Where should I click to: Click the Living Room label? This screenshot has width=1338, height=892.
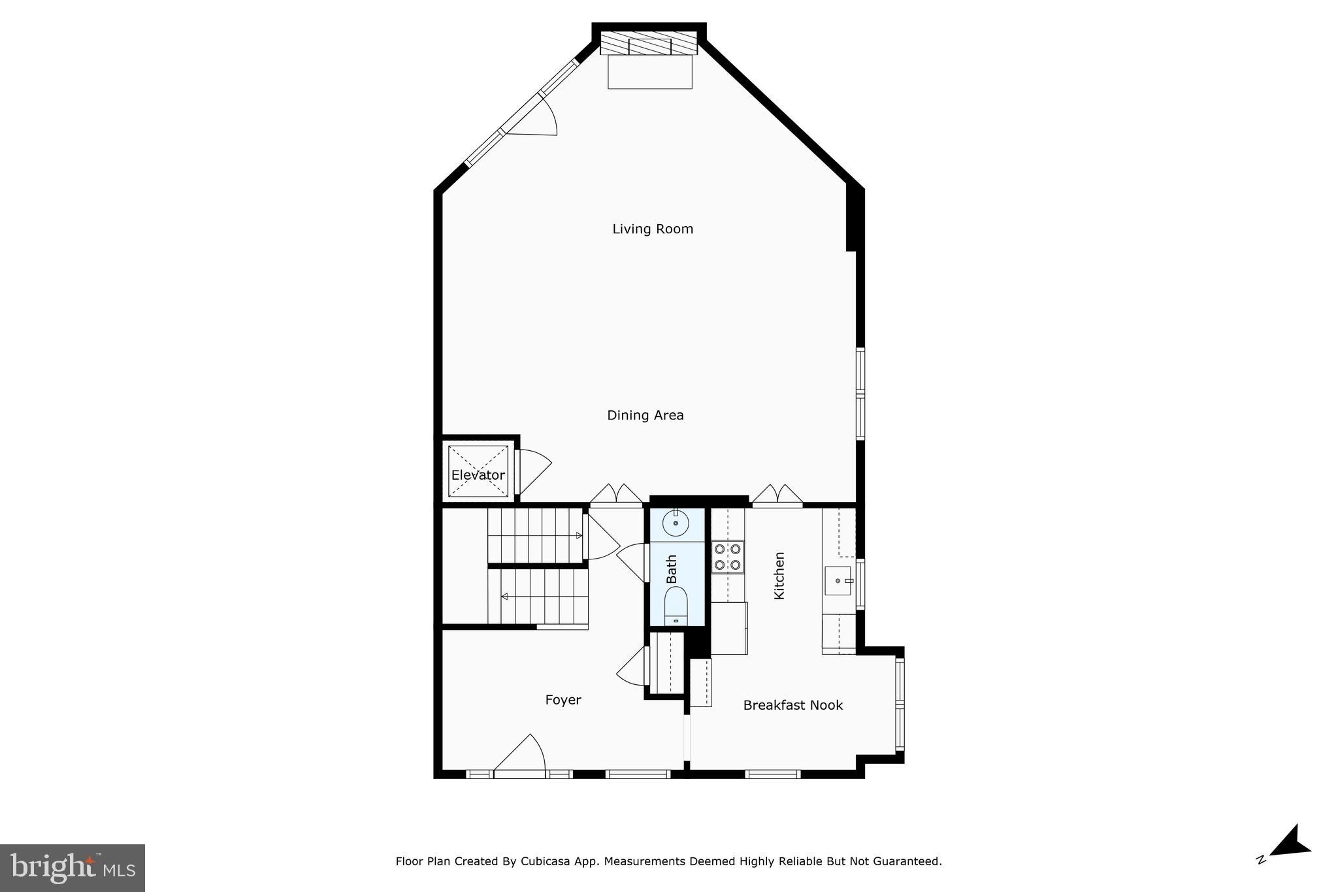[x=652, y=229]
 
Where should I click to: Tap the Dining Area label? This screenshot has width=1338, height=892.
[x=645, y=415]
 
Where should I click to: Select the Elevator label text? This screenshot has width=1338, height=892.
[x=478, y=475]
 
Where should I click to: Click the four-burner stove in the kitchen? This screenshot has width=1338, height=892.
[x=727, y=556]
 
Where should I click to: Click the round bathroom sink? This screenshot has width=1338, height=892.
[x=676, y=523]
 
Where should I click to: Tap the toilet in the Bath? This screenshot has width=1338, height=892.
[x=676, y=606]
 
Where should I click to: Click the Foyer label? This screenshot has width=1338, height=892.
[x=563, y=700]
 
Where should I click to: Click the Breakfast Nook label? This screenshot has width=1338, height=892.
[x=792, y=705]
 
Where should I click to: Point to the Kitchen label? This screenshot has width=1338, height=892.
[x=779, y=575]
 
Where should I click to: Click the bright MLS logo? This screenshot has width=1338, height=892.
[x=72, y=868]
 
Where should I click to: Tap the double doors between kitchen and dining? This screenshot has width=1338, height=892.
[x=777, y=495]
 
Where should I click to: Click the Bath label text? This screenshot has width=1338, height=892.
[x=671, y=569]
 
